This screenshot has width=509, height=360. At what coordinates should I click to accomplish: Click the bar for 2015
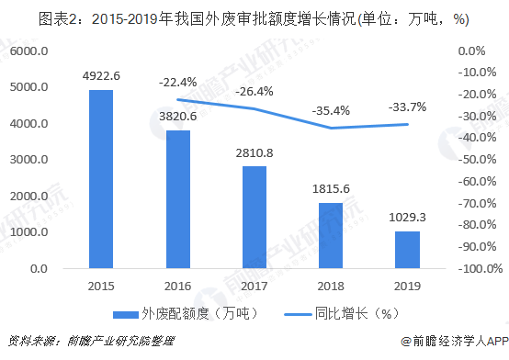pyautogui.click(x=101, y=179)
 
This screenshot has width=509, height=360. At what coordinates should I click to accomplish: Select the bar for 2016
pyautogui.click(x=178, y=199)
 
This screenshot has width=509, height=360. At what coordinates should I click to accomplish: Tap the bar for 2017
pyautogui.click(x=254, y=218)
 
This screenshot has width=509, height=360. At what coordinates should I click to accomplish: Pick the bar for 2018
pyautogui.click(x=332, y=236)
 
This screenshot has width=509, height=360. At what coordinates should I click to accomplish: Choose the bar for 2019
pyautogui.click(x=409, y=250)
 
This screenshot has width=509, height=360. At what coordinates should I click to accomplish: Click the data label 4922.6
pyautogui.click(x=101, y=77)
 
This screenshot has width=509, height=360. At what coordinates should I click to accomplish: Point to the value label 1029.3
pyautogui.click(x=409, y=219)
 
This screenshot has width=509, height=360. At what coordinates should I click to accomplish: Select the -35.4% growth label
pyautogui.click(x=332, y=111)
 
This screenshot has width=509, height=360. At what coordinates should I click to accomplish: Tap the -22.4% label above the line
pyautogui.click(x=178, y=83)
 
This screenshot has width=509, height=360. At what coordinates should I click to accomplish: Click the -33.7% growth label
pyautogui.click(x=408, y=107)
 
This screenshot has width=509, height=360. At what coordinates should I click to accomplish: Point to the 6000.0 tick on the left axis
pyautogui.click(x=29, y=51)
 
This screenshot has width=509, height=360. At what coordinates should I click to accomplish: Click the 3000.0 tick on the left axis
pyautogui.click(x=29, y=160)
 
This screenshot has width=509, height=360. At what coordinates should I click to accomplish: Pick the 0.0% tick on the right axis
pyautogui.click(x=474, y=51)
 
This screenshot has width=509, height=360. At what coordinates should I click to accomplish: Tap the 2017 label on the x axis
pyautogui.click(x=254, y=286)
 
